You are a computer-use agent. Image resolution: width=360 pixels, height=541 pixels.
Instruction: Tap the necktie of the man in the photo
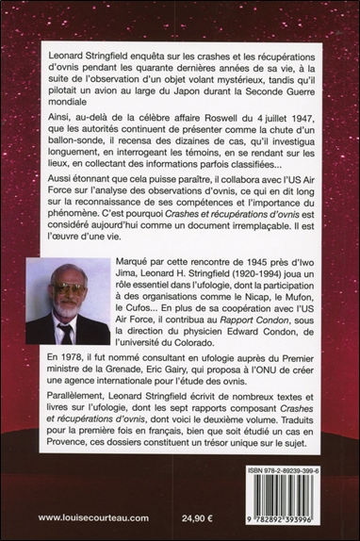click(67, 332)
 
